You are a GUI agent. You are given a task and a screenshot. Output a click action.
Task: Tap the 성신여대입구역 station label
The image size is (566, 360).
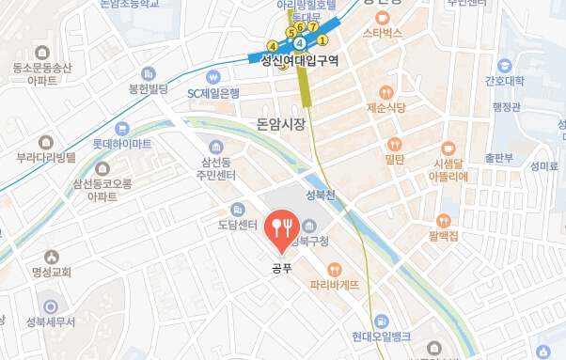(x=299, y=61)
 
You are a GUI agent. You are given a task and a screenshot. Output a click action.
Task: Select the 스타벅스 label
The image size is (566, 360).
(x=382, y=33)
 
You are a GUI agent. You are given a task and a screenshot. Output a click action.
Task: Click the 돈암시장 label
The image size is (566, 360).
(x=281, y=124)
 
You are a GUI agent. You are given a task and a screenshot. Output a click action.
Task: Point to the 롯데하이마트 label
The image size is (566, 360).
(x=122, y=144)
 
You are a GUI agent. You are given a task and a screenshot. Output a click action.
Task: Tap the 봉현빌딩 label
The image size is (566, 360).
(x=148, y=88)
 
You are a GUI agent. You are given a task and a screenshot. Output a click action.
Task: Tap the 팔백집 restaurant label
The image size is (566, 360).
(x=441, y=236)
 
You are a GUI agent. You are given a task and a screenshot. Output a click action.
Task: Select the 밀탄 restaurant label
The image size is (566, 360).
(x=394, y=160)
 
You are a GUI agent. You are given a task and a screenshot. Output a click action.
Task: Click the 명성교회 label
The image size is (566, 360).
(x=53, y=274)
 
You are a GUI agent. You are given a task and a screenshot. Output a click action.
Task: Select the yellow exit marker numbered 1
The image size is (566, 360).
(x=322, y=39)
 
